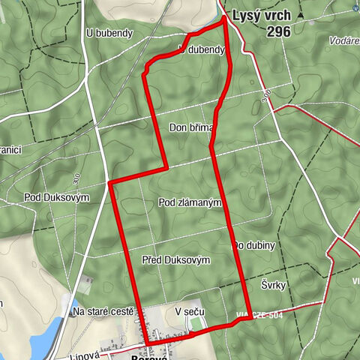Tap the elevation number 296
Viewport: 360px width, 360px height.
[281, 31]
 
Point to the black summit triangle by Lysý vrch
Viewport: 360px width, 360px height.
[301, 15]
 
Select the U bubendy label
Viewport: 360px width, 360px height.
[109, 33]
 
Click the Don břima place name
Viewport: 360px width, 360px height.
[191, 127]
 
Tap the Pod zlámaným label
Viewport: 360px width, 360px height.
[190, 202]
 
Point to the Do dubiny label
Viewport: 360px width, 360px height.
[255, 245]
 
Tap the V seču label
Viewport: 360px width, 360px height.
[188, 310]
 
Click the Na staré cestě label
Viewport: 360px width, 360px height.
[103, 310]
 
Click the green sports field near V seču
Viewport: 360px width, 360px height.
[197, 323]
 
